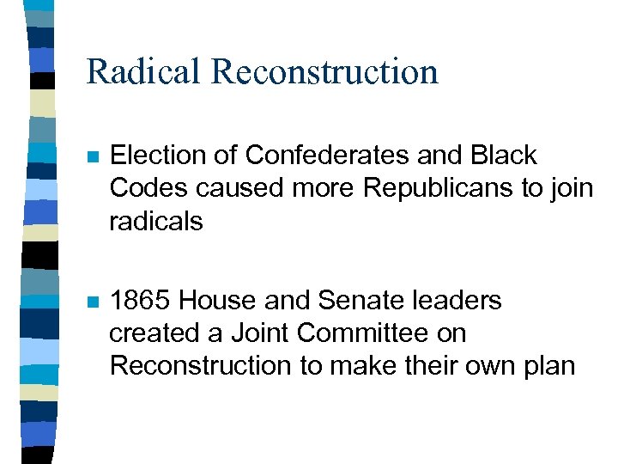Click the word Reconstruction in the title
[x=324, y=71]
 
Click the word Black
[x=503, y=156]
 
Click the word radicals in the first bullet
[x=156, y=221]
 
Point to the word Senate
[x=351, y=301]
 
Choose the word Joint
[x=264, y=333]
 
